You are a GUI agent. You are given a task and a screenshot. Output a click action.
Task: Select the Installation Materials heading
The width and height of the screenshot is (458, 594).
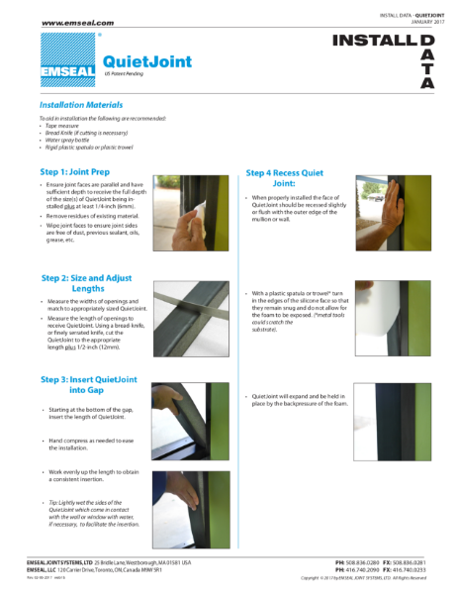click(x=81, y=104)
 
